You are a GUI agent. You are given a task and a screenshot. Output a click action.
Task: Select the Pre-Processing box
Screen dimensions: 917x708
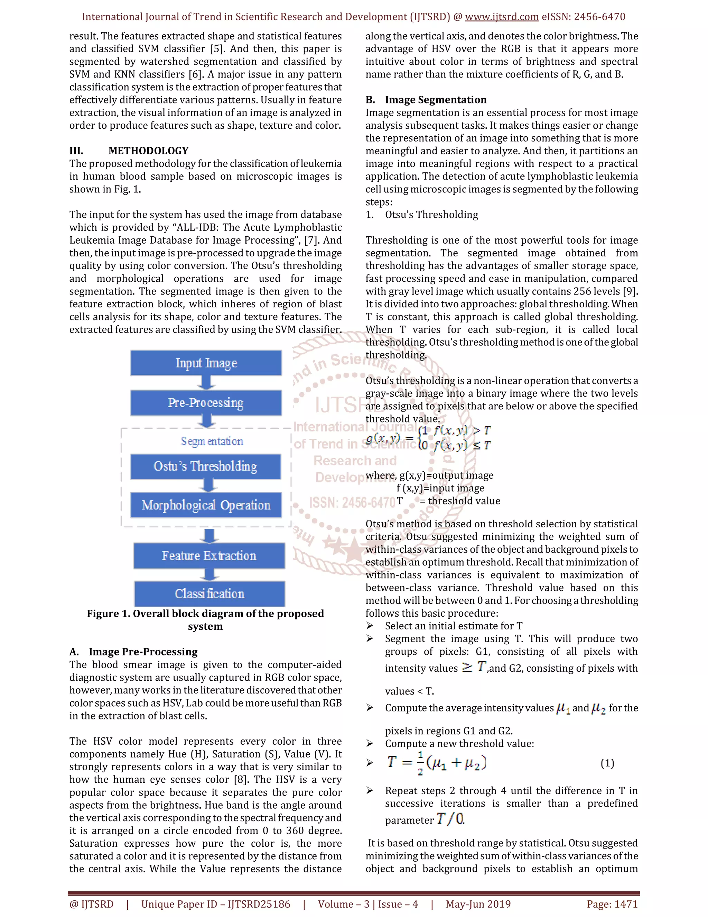coord(206,403)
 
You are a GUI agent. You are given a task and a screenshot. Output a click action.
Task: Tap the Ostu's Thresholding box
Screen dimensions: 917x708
coord(206,466)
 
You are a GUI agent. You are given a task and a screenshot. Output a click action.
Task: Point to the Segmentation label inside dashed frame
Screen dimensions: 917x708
coord(212,441)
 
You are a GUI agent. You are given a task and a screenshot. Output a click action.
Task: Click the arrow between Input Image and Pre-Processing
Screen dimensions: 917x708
coord(206,382)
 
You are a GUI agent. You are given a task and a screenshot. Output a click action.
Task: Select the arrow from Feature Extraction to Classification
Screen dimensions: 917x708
coord(209,574)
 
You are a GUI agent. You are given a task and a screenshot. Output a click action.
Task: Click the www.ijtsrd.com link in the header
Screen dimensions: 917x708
coord(502,17)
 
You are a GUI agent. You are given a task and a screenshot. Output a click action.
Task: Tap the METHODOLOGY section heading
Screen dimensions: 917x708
coord(148,151)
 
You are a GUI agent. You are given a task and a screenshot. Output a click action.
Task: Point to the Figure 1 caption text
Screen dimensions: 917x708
coord(205,620)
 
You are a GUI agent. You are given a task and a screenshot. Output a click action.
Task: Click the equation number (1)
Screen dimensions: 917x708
coord(607,763)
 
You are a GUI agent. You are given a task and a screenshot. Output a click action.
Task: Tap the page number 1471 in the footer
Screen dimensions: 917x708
coord(612,904)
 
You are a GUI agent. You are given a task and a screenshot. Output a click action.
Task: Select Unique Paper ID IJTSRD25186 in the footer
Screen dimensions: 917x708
coord(216,904)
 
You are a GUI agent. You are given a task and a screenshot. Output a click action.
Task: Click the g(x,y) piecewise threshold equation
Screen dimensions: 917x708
coord(428,438)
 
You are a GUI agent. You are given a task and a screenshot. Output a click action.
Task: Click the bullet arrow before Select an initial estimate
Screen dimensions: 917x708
coord(370,626)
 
